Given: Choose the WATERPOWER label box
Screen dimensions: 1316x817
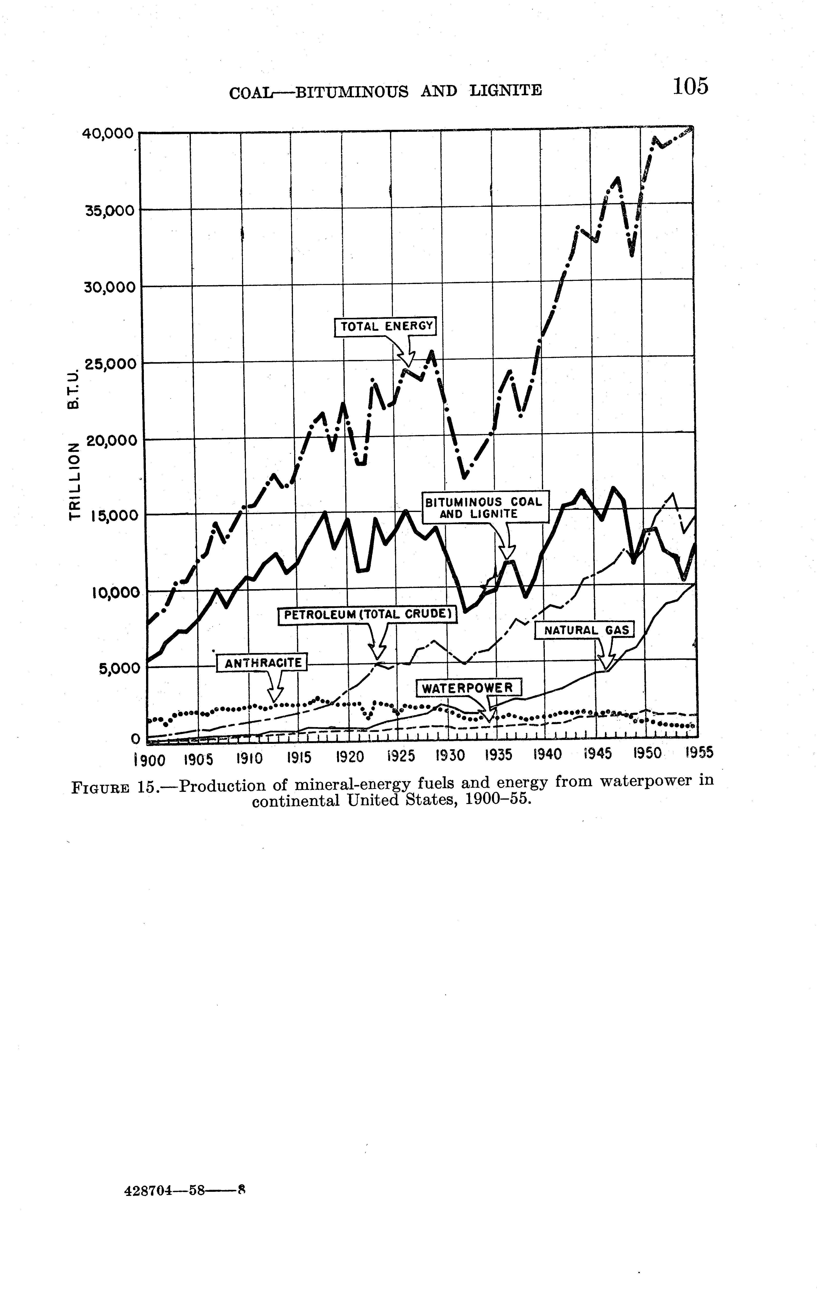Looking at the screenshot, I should (468, 688).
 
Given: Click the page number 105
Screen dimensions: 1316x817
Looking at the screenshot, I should (690, 86).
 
